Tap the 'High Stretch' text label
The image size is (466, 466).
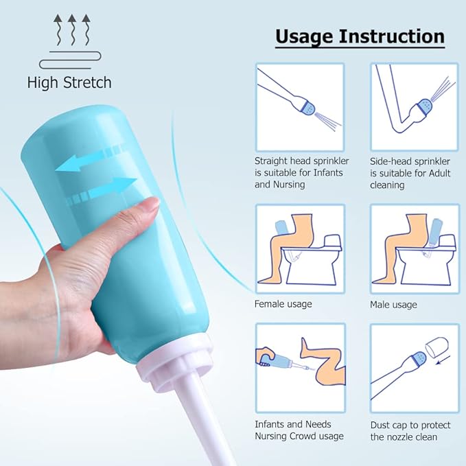(x=69, y=83)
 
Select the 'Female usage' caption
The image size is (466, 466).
(x=283, y=303)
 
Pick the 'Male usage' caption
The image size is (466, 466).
(x=393, y=304)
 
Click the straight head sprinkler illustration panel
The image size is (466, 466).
(x=300, y=106)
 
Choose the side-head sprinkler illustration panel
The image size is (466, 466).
(x=415, y=106)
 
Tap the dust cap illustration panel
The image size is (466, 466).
(x=415, y=367)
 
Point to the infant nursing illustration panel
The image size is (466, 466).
(x=300, y=367)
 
